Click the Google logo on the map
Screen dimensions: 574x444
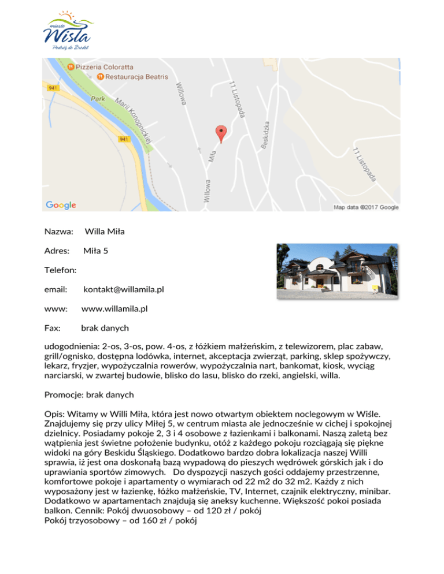pyautogui.click(x=61, y=204)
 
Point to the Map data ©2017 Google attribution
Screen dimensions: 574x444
pyautogui.click(x=366, y=207)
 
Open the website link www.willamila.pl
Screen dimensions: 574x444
pyautogui.click(x=114, y=308)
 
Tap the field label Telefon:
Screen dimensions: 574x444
pyautogui.click(x=61, y=269)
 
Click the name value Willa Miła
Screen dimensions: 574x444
pyautogui.click(x=105, y=232)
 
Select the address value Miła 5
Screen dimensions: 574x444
pyautogui.click(x=95, y=251)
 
